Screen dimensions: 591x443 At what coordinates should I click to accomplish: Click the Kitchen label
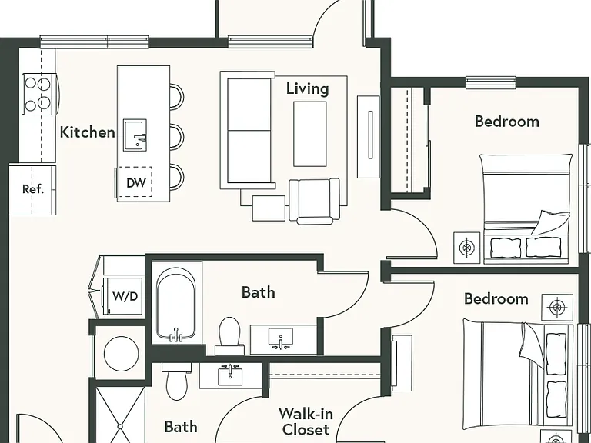coord(88,132)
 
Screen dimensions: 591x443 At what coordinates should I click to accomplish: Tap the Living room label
coord(308,89)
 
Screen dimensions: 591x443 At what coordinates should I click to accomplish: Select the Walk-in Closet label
coord(306,421)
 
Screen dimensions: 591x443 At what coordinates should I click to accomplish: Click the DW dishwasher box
coord(135,182)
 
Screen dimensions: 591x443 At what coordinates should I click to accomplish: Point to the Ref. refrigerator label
coord(33,189)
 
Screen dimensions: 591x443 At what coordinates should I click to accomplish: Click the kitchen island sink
coord(135,135)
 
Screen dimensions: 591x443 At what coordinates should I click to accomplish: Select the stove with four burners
coord(39,94)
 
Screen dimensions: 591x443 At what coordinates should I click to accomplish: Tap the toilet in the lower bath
coord(177,381)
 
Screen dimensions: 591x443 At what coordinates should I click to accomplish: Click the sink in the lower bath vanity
coord(230,376)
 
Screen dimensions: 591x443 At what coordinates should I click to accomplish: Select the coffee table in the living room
coord(310,134)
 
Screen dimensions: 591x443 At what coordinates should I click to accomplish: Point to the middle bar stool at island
coord(177,135)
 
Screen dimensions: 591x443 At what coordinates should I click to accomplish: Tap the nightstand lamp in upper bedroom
coord(466,248)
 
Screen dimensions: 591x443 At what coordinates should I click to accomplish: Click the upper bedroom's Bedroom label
coord(506,122)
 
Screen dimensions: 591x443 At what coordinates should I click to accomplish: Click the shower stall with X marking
coord(120,415)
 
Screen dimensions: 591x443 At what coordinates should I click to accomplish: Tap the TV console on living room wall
coord(369,136)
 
